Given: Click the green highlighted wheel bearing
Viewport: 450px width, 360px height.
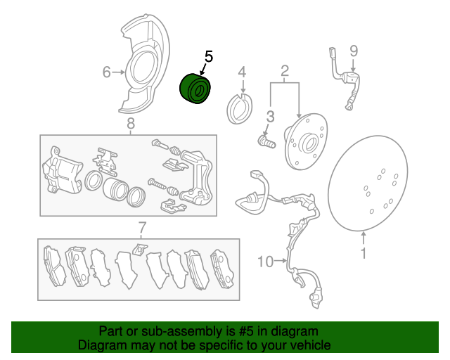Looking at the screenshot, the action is (195, 89).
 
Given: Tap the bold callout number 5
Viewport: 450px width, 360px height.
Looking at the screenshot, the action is (209, 56).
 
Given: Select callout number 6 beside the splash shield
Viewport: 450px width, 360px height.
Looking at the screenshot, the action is (106, 72).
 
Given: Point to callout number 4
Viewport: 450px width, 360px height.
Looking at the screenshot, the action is (242, 72).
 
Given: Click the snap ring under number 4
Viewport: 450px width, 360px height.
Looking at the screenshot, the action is (239, 108).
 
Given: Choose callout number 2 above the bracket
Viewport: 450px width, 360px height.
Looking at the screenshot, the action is (284, 70).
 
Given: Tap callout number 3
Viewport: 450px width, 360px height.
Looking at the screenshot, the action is (270, 117).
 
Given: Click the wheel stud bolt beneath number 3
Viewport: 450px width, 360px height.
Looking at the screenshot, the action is (266, 142).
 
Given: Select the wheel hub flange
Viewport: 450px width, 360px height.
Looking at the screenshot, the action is (306, 141).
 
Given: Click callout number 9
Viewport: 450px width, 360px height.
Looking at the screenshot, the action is (354, 51).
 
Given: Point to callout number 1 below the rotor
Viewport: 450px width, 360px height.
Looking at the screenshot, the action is (364, 253).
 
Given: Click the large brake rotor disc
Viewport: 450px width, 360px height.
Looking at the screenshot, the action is (368, 183).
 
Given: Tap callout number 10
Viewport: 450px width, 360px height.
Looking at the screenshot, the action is (265, 262).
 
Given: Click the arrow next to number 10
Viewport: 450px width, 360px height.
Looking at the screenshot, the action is (281, 261).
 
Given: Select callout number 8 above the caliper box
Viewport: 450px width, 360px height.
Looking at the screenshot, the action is (131, 124).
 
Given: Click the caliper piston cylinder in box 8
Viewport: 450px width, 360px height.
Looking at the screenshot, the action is (115, 189).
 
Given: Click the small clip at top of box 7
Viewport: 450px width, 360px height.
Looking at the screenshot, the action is (140, 249).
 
